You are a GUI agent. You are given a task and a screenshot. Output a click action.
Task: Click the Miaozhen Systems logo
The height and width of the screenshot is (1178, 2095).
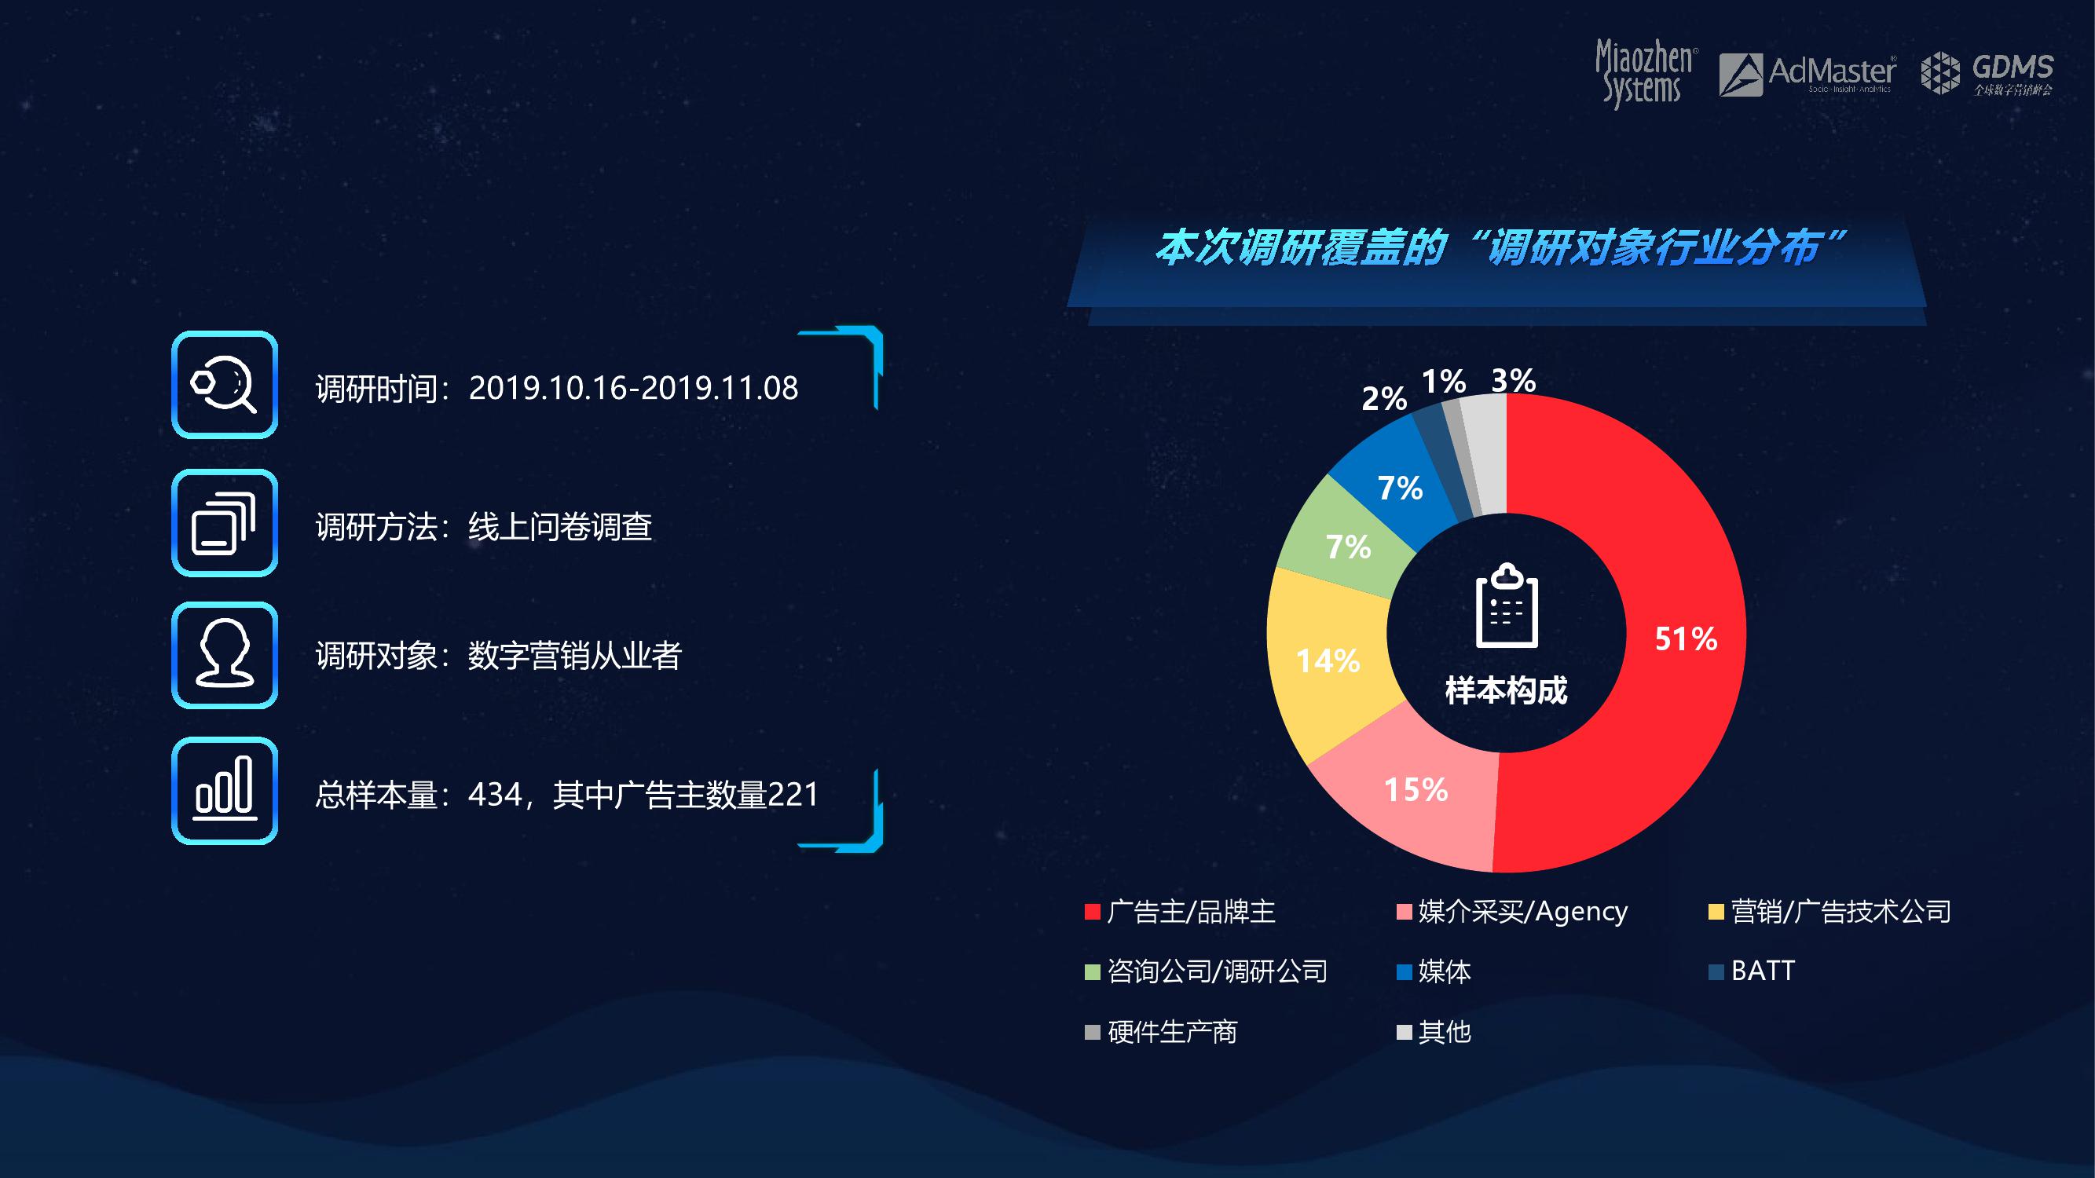[x=1644, y=73]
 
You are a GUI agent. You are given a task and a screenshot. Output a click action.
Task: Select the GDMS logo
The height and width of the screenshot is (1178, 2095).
[x=1987, y=73]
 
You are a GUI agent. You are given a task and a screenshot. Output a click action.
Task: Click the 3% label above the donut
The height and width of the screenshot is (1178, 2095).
[x=1513, y=379]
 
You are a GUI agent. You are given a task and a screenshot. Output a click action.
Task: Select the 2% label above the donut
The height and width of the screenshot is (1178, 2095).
[x=1383, y=398]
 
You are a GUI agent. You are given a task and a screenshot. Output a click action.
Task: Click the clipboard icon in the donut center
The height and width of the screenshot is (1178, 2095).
[x=1506, y=605]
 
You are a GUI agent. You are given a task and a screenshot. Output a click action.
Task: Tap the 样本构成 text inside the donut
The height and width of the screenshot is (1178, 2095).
[x=1506, y=690]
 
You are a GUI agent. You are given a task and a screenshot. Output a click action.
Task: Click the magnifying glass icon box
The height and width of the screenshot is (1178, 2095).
[x=225, y=385]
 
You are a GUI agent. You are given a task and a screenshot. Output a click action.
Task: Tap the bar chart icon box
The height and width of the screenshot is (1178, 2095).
[x=225, y=791]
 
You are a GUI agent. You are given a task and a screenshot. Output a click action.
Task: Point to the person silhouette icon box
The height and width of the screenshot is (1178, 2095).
[x=225, y=655]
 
